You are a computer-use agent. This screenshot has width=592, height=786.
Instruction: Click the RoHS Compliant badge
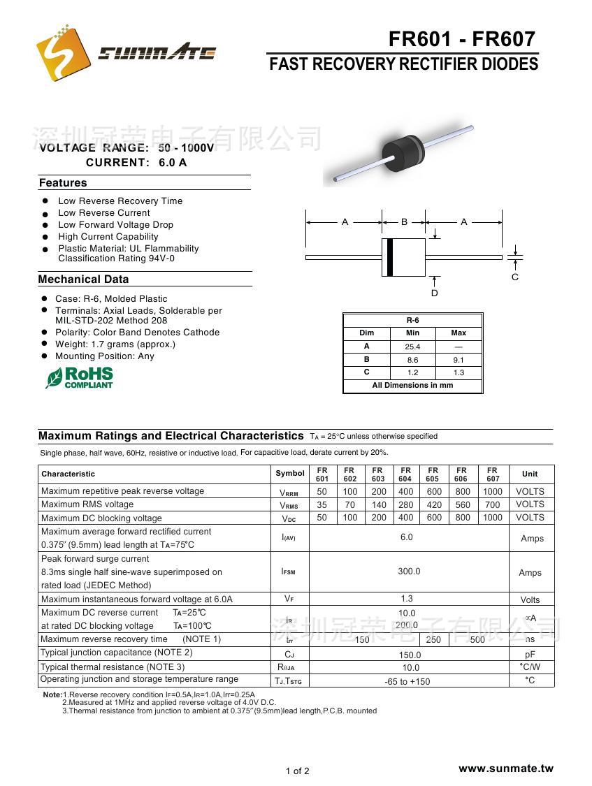click(79, 377)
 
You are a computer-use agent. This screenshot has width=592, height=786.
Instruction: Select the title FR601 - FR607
click(462, 39)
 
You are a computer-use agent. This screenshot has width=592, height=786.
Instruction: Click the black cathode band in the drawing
click(390, 257)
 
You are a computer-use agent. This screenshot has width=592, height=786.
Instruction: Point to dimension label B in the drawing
click(404, 221)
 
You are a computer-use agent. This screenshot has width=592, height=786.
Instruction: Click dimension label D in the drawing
click(434, 293)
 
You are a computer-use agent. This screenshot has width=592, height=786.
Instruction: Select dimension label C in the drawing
click(515, 277)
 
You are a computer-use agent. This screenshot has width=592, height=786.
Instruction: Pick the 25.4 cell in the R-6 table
click(412, 347)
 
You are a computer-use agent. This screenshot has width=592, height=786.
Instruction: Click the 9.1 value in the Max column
click(459, 360)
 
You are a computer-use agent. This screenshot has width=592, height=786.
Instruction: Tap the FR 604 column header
click(405, 474)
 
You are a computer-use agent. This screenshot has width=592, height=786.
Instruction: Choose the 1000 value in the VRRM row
click(493, 491)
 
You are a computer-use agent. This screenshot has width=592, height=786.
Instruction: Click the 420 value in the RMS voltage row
click(434, 504)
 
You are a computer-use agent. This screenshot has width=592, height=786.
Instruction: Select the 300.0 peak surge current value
click(409, 572)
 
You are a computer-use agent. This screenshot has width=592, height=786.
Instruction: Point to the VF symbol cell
click(289, 599)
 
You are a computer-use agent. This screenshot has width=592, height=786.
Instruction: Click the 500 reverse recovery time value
click(477, 639)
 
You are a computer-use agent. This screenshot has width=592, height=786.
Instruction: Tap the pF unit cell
click(530, 654)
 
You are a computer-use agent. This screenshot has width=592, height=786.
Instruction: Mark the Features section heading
click(63, 183)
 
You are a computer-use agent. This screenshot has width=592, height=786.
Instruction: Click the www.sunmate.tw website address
click(505, 769)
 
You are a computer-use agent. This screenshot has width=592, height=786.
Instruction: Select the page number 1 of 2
click(297, 771)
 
